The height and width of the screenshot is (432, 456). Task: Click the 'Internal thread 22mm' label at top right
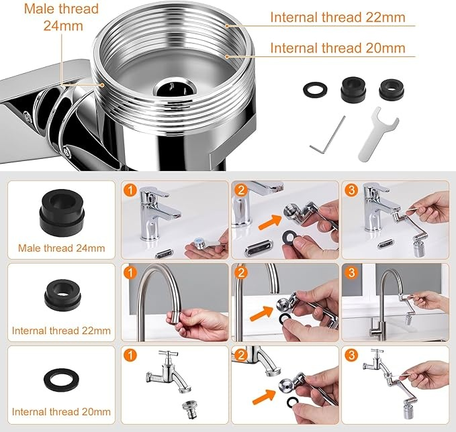click(338, 17)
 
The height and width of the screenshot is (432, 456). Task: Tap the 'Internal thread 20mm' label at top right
click(338, 48)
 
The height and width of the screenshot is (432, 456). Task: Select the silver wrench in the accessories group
click(377, 134)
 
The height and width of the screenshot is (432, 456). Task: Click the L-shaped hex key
click(328, 133)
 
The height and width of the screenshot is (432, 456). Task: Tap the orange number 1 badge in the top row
click(130, 190)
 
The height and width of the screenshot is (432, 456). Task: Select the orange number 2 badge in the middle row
click(241, 272)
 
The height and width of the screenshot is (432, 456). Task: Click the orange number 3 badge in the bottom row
click(351, 355)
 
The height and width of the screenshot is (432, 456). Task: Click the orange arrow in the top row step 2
click(270, 221)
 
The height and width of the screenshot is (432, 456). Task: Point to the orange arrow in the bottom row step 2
click(264, 397)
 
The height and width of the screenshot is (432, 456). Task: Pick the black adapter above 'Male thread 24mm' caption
click(62, 211)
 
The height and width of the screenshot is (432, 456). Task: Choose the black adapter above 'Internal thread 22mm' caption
click(62, 295)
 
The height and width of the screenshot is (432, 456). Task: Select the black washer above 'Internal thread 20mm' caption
click(62, 380)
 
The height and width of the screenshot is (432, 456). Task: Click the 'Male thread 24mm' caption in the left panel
click(61, 248)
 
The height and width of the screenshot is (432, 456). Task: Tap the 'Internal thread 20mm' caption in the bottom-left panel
click(61, 412)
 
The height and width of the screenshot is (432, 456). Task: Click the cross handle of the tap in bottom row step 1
click(169, 354)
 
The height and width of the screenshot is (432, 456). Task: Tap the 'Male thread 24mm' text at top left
click(61, 17)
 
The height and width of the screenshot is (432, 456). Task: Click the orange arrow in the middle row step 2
click(262, 313)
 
